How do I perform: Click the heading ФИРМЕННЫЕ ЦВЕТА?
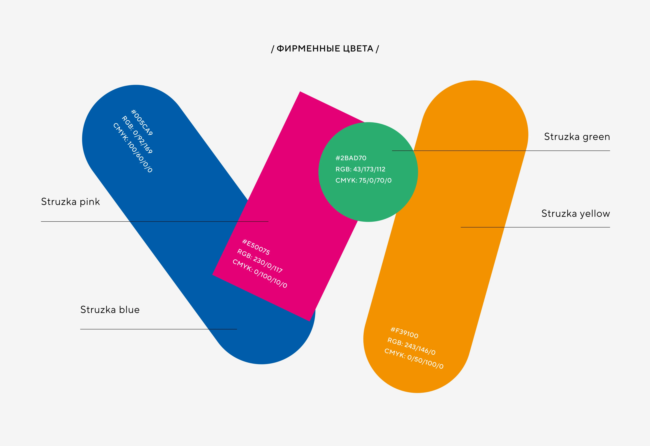pyautogui.click(x=325, y=49)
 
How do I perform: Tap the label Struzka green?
pyautogui.click(x=577, y=137)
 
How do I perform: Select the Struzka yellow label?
pyautogui.click(x=575, y=214)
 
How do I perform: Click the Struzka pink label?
pyautogui.click(x=70, y=202)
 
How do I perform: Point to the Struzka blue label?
pyautogui.click(x=110, y=310)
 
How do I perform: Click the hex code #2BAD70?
pyautogui.click(x=351, y=158)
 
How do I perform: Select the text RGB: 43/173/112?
pyautogui.click(x=360, y=169)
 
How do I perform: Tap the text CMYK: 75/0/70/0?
pyautogui.click(x=363, y=180)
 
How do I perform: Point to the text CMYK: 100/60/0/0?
pyautogui.click(x=133, y=147)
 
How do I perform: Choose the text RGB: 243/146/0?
pyautogui.click(x=411, y=346)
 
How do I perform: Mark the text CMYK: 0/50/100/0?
pyautogui.click(x=414, y=359)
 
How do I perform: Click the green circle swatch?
pyautogui.click(x=368, y=201)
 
